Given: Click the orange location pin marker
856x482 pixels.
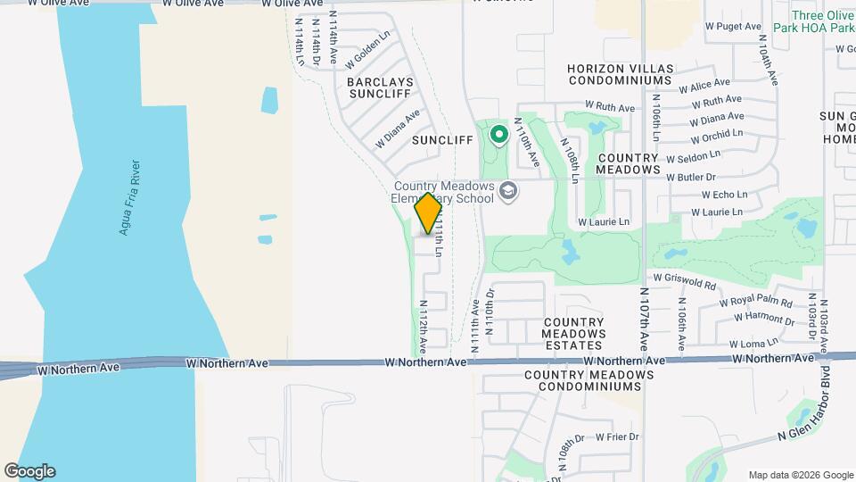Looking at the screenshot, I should pyautogui.click(x=428, y=213).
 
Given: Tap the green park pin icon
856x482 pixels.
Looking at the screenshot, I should pyautogui.click(x=498, y=136).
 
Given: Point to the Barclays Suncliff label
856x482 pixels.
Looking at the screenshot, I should pyautogui.click(x=379, y=87).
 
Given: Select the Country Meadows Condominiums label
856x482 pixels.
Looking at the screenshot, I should pyautogui.click(x=583, y=380).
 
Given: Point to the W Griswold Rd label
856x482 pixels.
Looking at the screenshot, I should pyautogui.click(x=684, y=282).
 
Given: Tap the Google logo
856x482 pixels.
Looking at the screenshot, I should pyautogui.click(x=29, y=471).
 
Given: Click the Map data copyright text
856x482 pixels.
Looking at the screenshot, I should pyautogui.click(x=800, y=475).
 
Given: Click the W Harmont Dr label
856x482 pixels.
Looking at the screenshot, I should pyautogui.click(x=758, y=318).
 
